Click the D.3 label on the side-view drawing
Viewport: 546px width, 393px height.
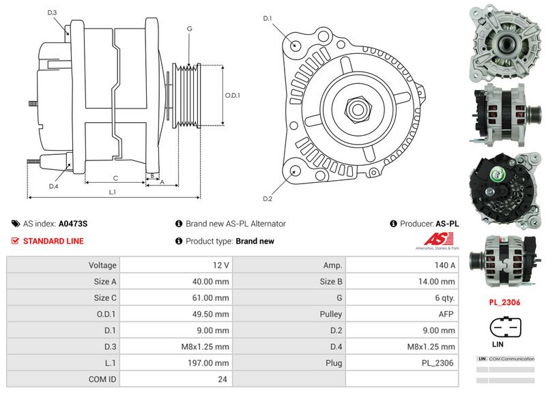tap(53, 12)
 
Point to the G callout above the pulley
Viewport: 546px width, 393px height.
tap(189, 29)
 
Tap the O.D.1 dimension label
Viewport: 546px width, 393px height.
tap(233, 96)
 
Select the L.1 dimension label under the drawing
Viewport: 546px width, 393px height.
tap(113, 192)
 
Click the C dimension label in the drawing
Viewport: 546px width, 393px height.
tap(115, 178)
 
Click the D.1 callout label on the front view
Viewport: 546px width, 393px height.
tap(268, 18)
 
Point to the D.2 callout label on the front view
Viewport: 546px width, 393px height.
tap(268, 199)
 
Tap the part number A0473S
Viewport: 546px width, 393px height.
tap(73, 223)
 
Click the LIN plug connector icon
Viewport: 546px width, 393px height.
tap(506, 328)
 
